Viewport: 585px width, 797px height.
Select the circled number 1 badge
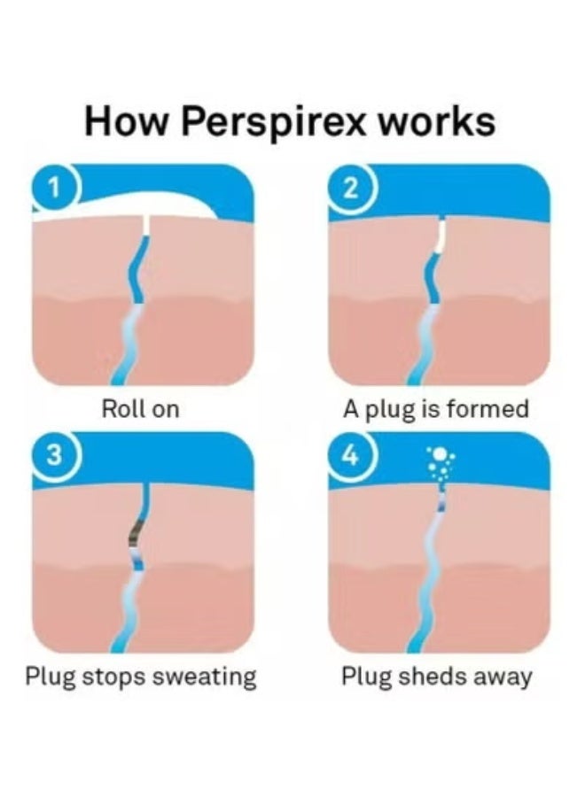click(55, 188)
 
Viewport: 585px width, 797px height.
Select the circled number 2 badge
click(352, 188)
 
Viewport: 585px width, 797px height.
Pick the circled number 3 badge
click(55, 455)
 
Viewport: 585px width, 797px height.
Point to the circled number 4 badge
click(352, 455)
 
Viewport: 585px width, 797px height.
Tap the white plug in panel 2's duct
click(441, 234)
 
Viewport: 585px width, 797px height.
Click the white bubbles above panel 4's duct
click(439, 461)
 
